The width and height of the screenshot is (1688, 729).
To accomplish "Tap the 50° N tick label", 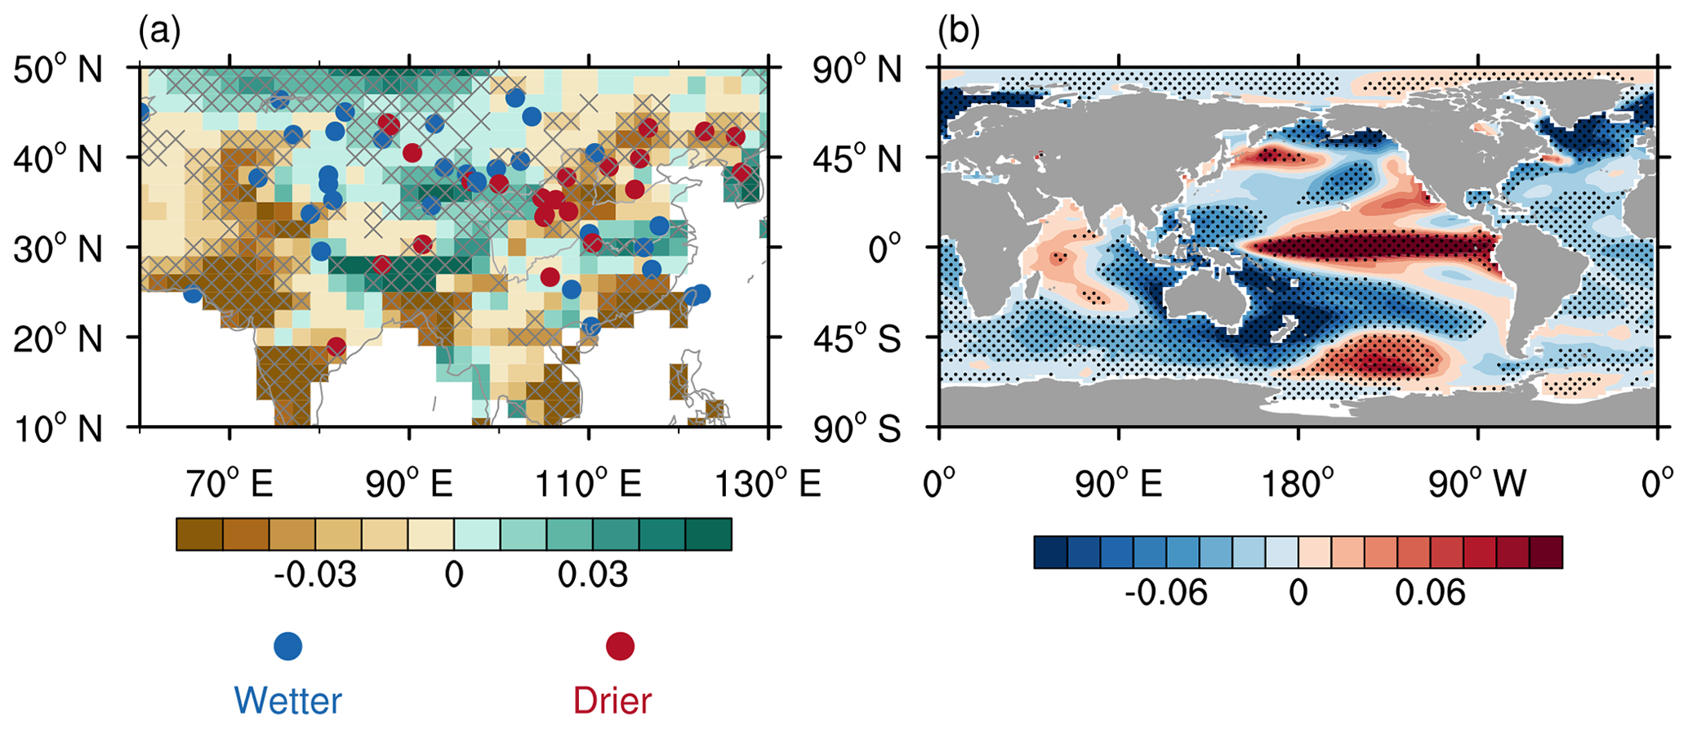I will pos(58,69).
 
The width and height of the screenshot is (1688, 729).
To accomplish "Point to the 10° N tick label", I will pos(58,427).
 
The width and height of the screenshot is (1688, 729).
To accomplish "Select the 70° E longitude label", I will pos(229,485).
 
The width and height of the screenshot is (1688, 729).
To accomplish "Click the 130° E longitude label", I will pos(768,485).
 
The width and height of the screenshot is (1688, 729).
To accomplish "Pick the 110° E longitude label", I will pos(588,485).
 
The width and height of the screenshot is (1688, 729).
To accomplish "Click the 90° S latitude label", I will pos(856,427).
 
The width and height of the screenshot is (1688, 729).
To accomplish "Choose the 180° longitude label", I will pos(1298,485).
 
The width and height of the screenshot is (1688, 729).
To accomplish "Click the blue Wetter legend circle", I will pos(287,646).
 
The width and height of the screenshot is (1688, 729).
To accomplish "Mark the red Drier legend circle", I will pos(620,646).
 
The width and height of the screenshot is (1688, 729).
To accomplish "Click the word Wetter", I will pos(287,701).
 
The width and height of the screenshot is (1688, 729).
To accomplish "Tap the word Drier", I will pos(612,701).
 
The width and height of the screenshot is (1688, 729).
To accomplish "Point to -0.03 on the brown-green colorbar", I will pos(314,575).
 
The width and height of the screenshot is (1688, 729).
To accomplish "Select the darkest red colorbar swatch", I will pos(1546,552).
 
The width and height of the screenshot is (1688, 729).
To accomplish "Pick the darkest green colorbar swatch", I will pos(708,534).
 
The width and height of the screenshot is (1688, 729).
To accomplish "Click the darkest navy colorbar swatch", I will pos(1050,552).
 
